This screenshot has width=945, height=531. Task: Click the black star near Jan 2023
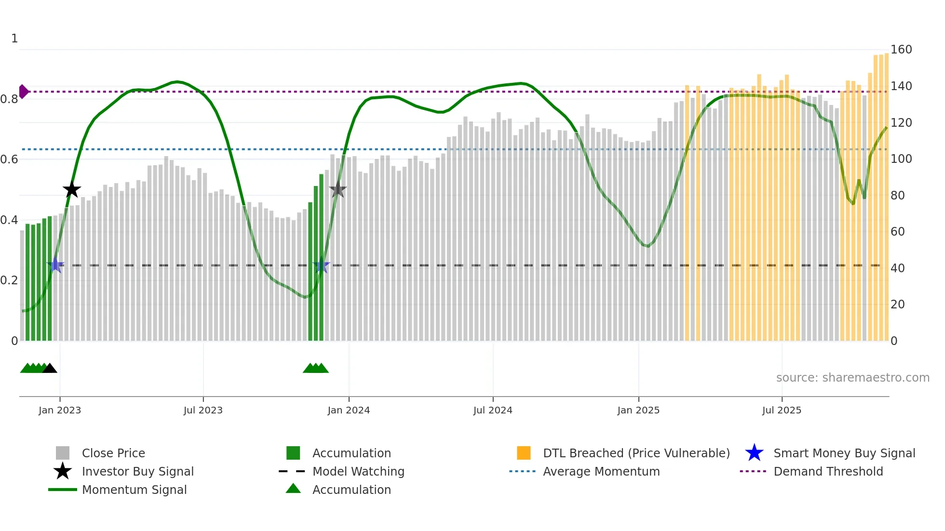click(x=72, y=190)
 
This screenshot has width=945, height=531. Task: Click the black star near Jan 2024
click(x=338, y=190)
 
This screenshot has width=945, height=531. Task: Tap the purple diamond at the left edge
click(x=23, y=92)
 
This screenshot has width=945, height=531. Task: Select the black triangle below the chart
click(x=50, y=369)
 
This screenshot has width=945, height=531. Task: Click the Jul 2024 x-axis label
click(x=493, y=411)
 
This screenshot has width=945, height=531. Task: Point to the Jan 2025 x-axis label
click(x=638, y=411)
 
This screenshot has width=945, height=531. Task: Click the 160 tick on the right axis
click(x=901, y=50)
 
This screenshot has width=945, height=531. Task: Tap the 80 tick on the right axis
click(x=898, y=196)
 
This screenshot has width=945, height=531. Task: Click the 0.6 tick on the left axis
click(x=9, y=159)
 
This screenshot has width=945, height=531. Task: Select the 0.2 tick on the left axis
click(x=9, y=280)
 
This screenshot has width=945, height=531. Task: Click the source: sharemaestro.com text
click(x=852, y=378)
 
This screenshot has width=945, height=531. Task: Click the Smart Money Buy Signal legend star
click(x=754, y=453)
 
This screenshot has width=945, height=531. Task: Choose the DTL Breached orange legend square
click(x=524, y=453)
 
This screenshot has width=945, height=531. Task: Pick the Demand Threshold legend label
click(x=828, y=472)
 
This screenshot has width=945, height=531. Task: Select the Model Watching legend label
click(x=358, y=472)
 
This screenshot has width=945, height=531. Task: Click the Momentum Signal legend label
click(x=134, y=490)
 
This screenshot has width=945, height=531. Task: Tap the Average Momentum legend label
click(x=601, y=472)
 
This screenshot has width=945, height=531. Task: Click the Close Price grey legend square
click(x=63, y=453)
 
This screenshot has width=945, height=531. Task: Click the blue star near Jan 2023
click(x=56, y=265)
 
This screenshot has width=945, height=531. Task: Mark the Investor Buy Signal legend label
click(x=137, y=472)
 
